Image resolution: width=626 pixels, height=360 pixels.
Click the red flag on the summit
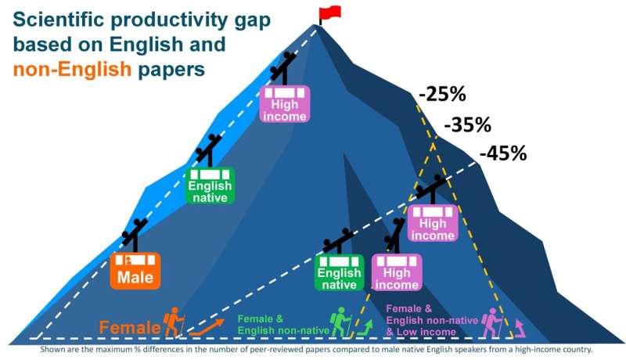coord(330,13)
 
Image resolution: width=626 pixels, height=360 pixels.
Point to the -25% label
coord(442,95)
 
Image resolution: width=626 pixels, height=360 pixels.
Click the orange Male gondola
coord(135,270)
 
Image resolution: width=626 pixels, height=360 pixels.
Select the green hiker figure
coord(339,322)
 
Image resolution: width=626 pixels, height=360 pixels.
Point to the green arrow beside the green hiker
coord(363,325)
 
